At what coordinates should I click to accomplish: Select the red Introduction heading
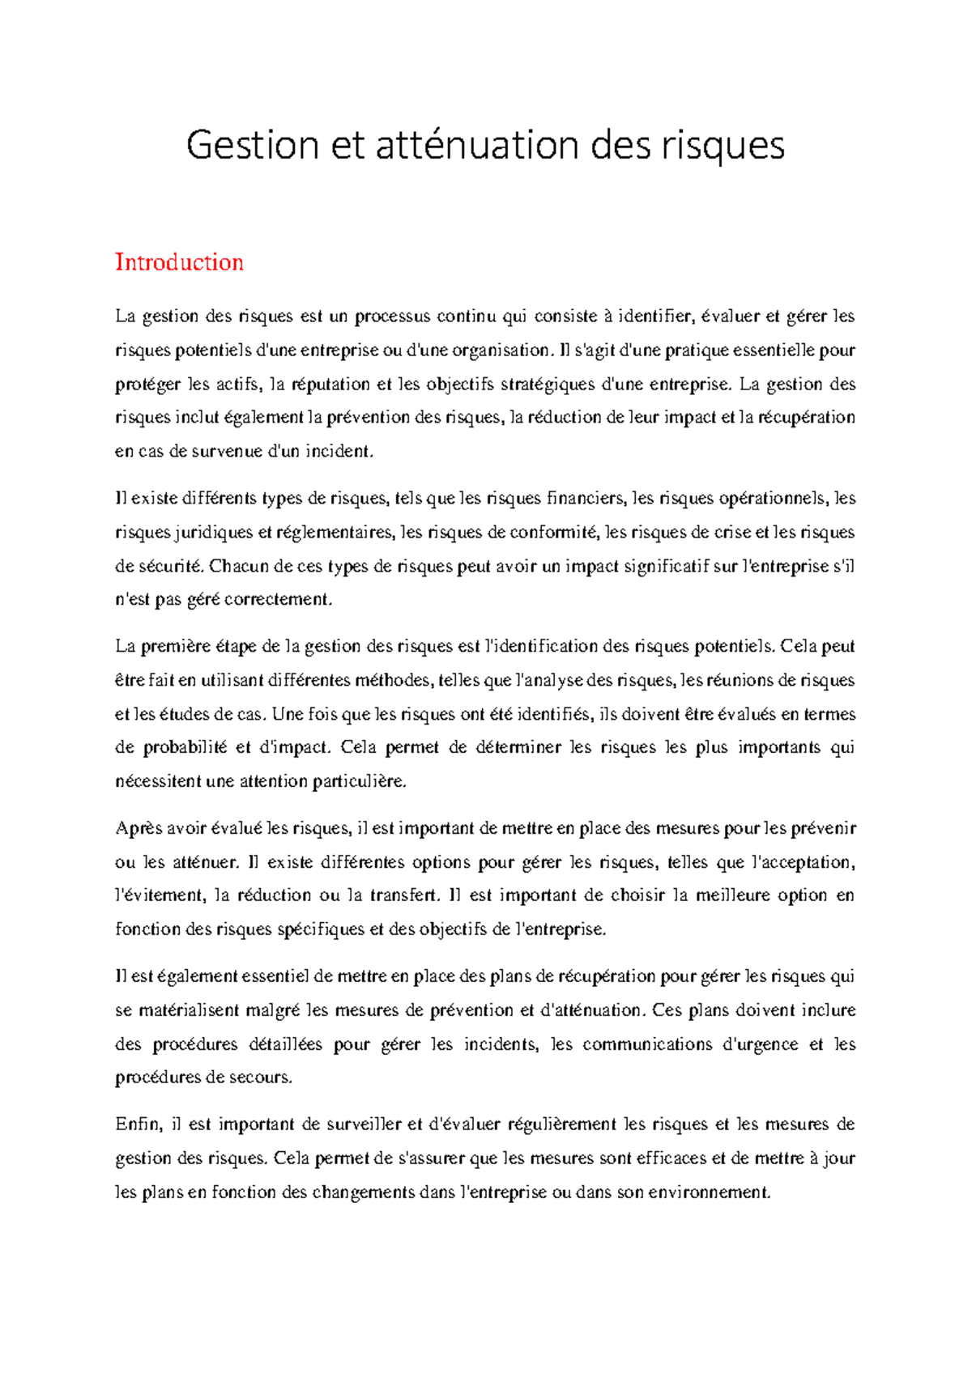tap(179, 262)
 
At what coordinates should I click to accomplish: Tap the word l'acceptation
tap(803, 863)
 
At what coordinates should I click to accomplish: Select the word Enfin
tap(139, 1125)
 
